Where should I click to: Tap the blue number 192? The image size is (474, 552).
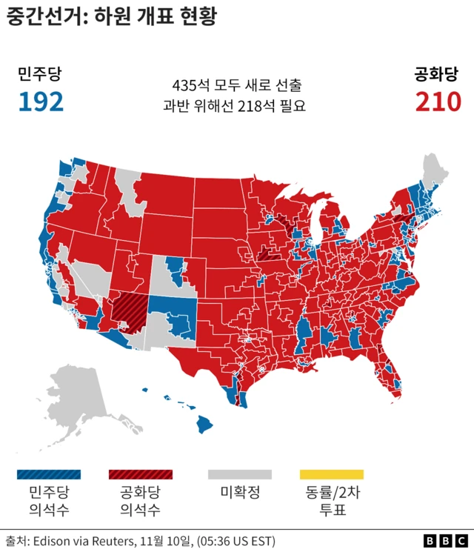pos(41,102)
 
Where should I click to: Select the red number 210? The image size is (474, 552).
pos(438,102)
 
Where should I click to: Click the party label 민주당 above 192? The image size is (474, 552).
pos(40,74)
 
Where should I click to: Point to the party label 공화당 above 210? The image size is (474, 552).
pos(438,74)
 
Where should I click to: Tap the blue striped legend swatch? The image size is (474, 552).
pos(48,474)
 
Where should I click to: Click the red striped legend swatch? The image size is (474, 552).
pos(140,474)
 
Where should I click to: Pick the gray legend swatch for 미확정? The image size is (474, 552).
pos(239,474)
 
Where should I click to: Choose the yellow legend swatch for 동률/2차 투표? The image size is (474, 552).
pos(331,474)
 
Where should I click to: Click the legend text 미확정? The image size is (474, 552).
pos(239,492)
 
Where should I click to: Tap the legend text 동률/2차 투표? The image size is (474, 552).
pos(331,500)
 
